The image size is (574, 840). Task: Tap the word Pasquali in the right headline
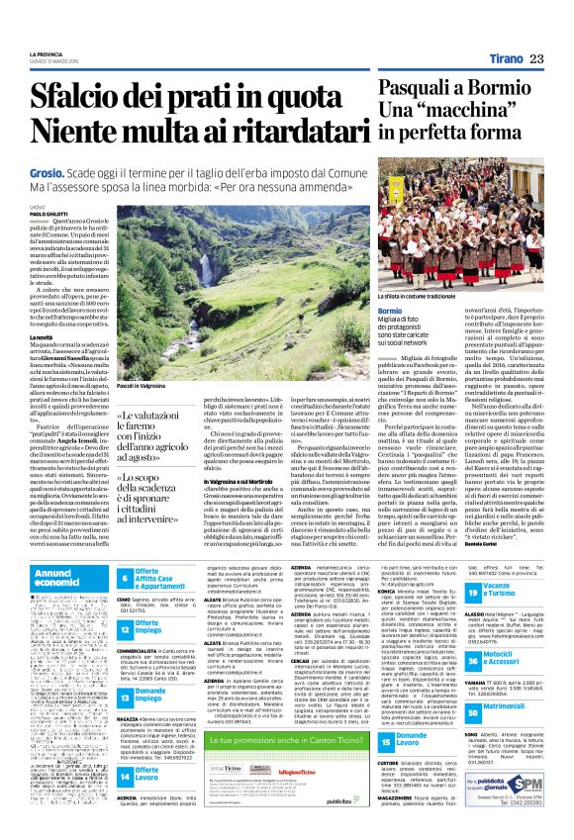pyautogui.click(x=421, y=92)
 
